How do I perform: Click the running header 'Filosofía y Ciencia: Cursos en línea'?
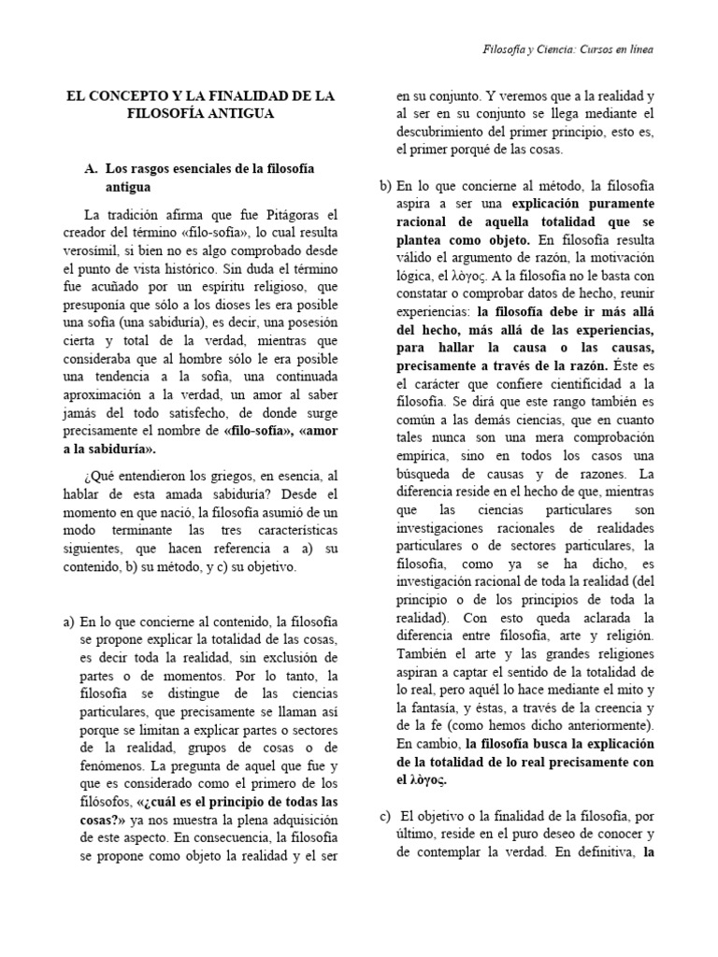(573, 50)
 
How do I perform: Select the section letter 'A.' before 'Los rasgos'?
(91, 167)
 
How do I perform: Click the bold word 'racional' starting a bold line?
(425, 221)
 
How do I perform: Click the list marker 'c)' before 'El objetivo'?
(384, 816)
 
